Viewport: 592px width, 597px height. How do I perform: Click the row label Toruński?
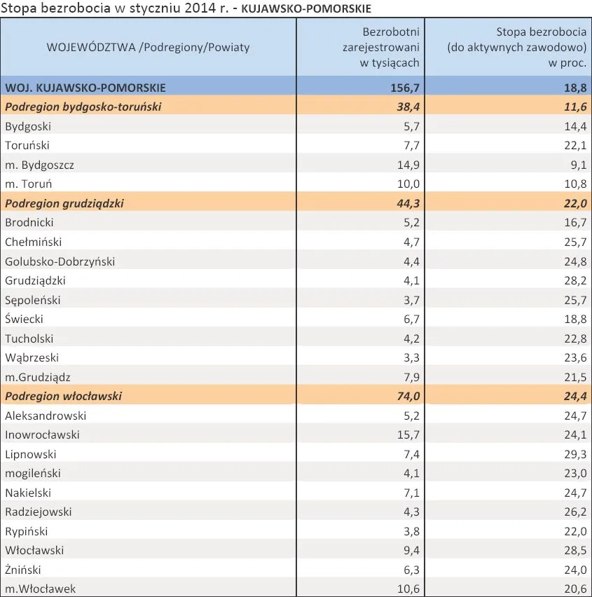(x=27, y=145)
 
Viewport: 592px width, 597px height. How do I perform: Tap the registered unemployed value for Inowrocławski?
(x=408, y=434)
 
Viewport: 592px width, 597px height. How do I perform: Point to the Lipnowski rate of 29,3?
(x=575, y=454)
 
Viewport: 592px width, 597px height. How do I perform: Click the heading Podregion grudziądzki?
(x=64, y=203)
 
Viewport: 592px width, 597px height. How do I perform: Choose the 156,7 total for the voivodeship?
(x=405, y=88)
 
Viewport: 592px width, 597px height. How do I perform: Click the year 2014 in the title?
(x=200, y=8)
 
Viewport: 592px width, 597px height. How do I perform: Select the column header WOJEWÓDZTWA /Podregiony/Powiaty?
(x=148, y=47)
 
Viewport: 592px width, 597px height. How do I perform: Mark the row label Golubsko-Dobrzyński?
(x=60, y=261)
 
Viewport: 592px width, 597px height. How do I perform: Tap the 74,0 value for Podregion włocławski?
(x=408, y=396)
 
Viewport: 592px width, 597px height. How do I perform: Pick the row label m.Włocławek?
(x=41, y=589)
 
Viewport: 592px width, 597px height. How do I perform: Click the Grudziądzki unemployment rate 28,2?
(x=575, y=280)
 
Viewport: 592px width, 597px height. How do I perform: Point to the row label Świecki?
(x=24, y=319)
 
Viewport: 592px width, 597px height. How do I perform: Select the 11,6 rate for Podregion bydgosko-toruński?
(x=575, y=107)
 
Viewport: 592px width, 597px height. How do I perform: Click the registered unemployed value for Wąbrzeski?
(x=411, y=357)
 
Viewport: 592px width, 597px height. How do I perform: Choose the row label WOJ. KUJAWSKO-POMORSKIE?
(x=85, y=88)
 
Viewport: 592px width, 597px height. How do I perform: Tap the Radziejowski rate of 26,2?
(x=575, y=512)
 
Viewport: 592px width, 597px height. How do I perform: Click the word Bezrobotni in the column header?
(x=391, y=32)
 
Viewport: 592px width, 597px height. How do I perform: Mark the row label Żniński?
(x=23, y=570)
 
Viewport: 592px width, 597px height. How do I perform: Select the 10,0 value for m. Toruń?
(x=408, y=184)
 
